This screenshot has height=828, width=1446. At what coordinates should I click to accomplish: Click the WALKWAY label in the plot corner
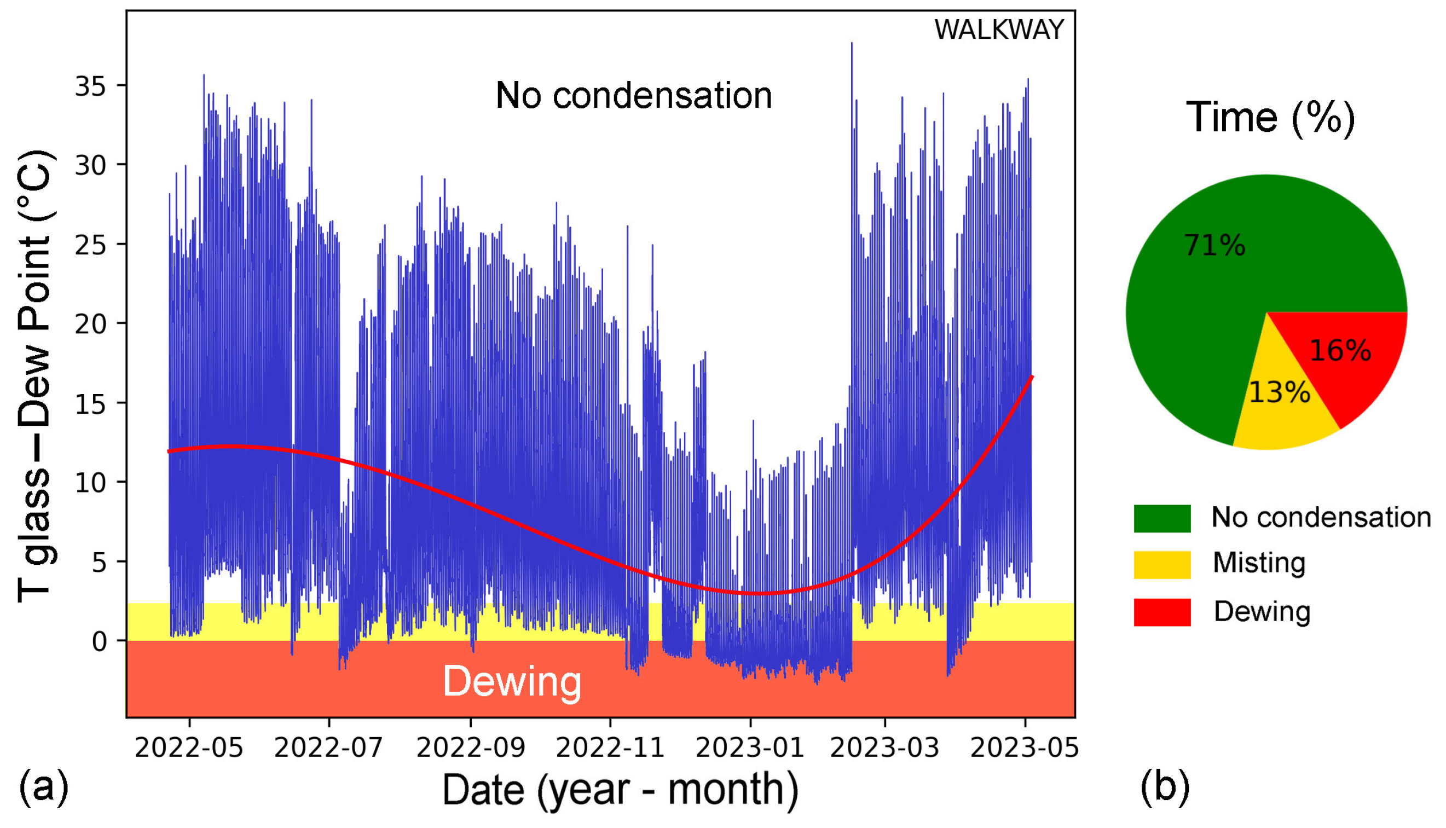tap(998, 30)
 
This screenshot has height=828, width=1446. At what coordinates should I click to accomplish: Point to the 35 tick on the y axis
tap(90, 86)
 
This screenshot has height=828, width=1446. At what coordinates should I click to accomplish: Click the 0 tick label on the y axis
tap(100, 642)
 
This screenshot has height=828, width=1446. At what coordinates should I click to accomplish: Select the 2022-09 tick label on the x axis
tap(470, 747)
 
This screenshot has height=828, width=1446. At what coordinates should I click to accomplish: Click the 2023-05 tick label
tap(1024, 747)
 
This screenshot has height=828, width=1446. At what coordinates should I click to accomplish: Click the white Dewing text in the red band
tap(512, 681)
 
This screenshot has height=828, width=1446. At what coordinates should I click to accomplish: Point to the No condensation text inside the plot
tap(633, 95)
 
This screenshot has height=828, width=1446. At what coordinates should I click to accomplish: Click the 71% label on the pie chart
tap(1214, 246)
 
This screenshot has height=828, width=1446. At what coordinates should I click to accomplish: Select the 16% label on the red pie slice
tap(1340, 350)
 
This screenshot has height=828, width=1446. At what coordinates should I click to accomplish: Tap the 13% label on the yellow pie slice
tap(1279, 392)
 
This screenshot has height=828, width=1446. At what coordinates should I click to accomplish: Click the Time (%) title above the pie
tap(1270, 117)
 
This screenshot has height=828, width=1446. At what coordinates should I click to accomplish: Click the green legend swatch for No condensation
tap(1162, 518)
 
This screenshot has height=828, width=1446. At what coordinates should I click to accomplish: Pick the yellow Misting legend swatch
tap(1162, 565)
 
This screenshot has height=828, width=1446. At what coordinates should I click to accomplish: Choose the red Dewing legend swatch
tap(1162, 612)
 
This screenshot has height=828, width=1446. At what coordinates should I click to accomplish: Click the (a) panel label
tap(44, 787)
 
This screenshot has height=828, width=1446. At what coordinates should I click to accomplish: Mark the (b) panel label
tap(1165, 787)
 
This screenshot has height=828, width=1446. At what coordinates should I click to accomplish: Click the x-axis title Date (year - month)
tap(620, 789)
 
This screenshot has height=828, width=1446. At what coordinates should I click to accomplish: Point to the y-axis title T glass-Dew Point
tap(35, 375)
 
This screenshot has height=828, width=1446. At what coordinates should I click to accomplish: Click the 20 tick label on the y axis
tap(90, 325)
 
